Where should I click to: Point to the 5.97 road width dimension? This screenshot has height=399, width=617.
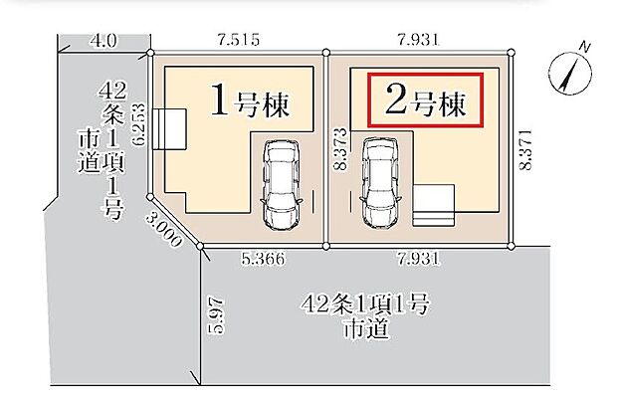pos(218,316)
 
